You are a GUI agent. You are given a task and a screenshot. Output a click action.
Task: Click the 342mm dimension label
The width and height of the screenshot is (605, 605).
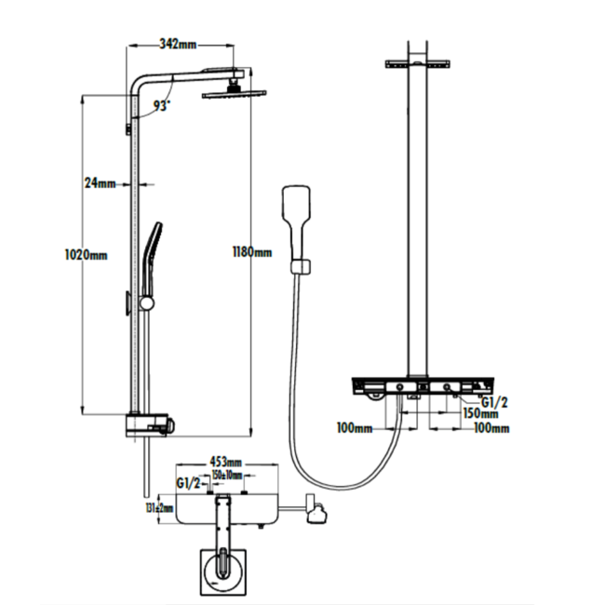click(x=178, y=43)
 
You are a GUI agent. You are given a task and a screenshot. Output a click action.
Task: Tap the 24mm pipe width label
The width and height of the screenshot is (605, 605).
click(x=99, y=183)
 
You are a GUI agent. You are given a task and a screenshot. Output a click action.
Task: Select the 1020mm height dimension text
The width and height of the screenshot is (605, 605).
click(x=82, y=254)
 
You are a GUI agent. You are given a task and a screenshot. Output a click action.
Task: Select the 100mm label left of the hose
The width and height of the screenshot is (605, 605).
click(x=355, y=428)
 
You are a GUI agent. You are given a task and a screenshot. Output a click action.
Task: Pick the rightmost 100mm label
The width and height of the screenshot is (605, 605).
click(x=491, y=428)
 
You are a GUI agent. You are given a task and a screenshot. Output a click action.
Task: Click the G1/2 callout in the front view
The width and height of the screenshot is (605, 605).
click(x=494, y=400)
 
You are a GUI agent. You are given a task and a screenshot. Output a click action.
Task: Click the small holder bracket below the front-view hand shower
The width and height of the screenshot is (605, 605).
click(x=299, y=268)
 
